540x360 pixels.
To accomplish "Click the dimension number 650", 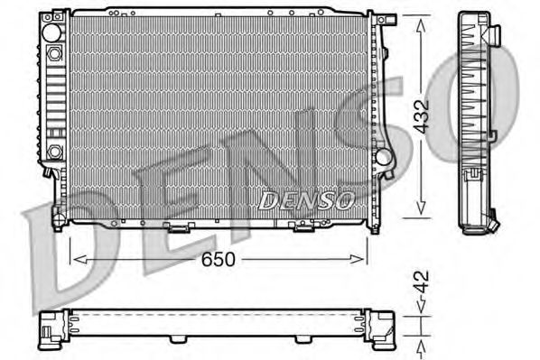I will click(x=219, y=260).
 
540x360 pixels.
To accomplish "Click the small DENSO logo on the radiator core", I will click(x=306, y=199).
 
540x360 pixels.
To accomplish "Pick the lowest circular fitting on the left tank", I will click(x=55, y=151).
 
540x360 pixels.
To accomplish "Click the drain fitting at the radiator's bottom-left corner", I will click(x=56, y=217).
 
